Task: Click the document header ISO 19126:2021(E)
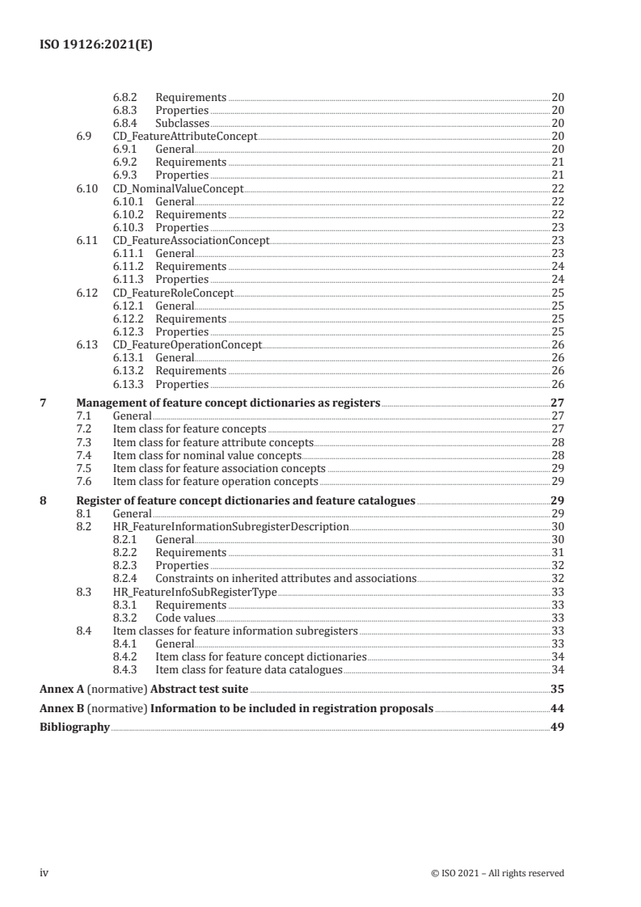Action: pos(96,46)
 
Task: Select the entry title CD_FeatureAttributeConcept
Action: pos(184,137)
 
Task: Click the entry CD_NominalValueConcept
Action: pos(178,188)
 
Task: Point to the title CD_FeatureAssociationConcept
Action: pos(191,240)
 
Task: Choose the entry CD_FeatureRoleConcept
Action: pos(173,292)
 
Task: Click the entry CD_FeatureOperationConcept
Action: pos(187,344)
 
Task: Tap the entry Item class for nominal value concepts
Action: pos(207,455)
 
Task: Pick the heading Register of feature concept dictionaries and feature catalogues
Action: pos(246,500)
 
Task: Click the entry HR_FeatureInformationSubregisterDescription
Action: pos(230,526)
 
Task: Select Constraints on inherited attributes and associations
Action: pos(285,578)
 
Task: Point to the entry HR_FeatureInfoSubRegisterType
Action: pos(194,592)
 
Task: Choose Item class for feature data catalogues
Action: pos(249,669)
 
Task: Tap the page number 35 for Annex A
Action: pos(556,690)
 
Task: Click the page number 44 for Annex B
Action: pos(556,709)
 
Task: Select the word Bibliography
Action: pos(74,728)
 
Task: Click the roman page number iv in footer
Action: pos(45,873)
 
